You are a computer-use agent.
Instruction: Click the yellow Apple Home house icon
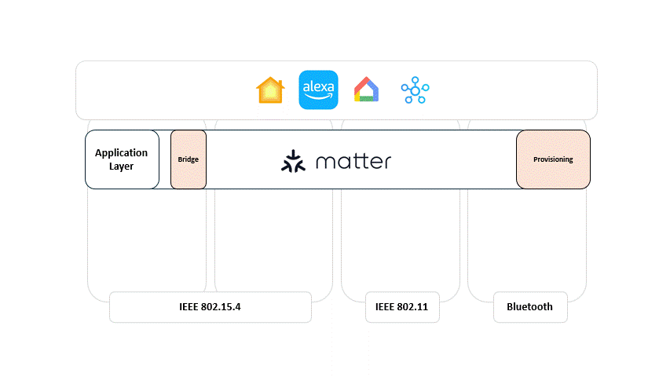[x=270, y=90]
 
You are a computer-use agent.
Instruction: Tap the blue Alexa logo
[x=318, y=90]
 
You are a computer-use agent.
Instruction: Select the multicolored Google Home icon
[x=366, y=90]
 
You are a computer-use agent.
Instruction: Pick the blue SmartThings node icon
[x=414, y=90]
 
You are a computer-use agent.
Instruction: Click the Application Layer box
[x=122, y=159]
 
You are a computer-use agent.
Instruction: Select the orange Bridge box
[x=189, y=159]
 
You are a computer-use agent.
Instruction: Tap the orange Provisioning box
[x=553, y=159]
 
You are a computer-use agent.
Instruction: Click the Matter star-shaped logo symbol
[x=293, y=160]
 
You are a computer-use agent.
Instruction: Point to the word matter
[x=353, y=162]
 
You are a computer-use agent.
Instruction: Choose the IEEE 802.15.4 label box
[x=210, y=307]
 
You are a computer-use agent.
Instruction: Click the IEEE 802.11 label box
[x=401, y=307]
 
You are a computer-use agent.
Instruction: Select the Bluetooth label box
[x=529, y=307]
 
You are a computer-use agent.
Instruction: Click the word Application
[x=121, y=152]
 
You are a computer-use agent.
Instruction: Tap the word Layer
[x=121, y=167]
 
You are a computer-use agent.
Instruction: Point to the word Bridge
[x=189, y=159]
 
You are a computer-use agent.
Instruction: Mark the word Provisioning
[x=553, y=159]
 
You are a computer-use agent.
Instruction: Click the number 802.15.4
[x=221, y=307]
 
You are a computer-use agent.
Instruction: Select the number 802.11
[x=412, y=307]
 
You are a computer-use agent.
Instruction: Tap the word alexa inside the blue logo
[x=318, y=85]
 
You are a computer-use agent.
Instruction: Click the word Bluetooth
[x=529, y=307]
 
